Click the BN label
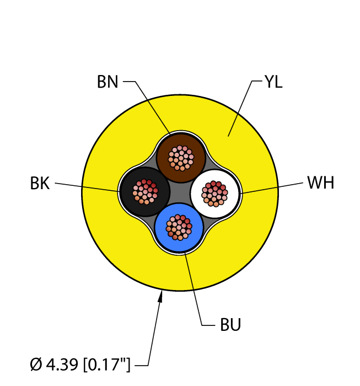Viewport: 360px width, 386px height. point(108,82)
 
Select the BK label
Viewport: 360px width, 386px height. point(40,184)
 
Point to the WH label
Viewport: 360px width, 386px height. point(320,183)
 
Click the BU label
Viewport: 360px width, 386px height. point(230,325)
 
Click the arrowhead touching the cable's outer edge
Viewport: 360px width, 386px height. point(161,298)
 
